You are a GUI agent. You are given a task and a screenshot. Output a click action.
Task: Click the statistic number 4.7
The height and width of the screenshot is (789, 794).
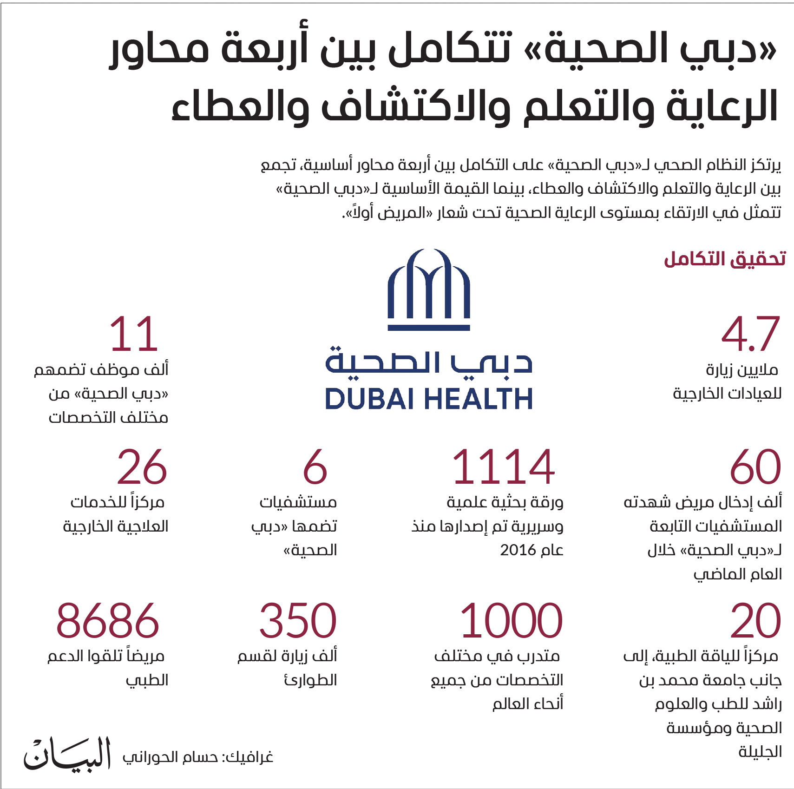tap(750, 334)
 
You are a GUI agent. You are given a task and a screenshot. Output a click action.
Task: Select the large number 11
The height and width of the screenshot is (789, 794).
tap(134, 334)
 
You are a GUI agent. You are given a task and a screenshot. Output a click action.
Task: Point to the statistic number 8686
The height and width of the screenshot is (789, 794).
tap(107, 621)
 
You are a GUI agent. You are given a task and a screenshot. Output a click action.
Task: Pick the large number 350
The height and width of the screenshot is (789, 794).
tap(297, 621)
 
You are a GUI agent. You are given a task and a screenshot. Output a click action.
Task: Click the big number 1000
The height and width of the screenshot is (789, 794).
tap(511, 621)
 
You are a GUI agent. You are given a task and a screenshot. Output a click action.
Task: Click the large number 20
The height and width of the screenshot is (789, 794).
tap(755, 621)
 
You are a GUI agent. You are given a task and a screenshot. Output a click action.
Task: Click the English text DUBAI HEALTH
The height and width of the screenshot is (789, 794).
tap(428, 399)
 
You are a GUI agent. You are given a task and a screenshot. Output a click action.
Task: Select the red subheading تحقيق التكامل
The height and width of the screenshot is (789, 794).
tap(725, 259)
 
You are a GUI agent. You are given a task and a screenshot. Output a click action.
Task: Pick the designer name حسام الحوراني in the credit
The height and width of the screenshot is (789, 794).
tap(170, 757)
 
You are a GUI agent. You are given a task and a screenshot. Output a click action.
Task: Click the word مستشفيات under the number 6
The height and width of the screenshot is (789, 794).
tap(298, 502)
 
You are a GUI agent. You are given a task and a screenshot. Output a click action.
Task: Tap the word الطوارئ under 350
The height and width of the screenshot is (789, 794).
tap(310, 680)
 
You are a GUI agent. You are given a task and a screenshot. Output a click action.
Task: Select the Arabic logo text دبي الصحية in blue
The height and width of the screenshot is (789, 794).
tap(428, 362)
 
